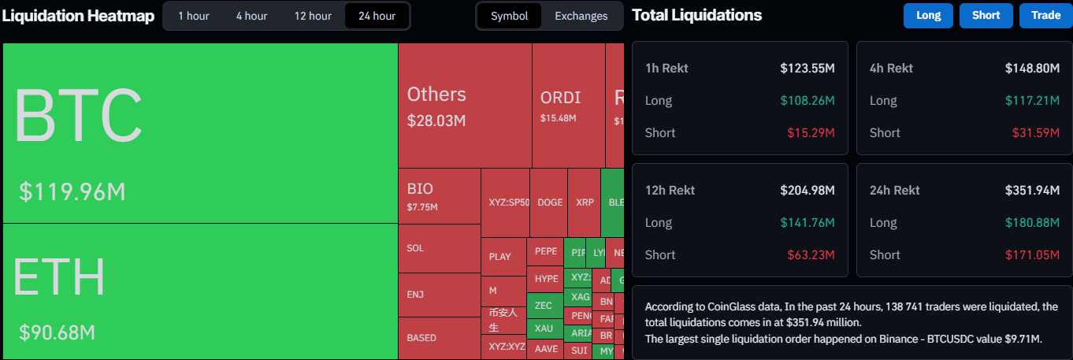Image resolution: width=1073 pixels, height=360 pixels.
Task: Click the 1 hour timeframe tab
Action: pyautogui.click(x=193, y=16)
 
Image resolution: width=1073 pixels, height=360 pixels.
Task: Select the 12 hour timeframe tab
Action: pyautogui.click(x=313, y=16)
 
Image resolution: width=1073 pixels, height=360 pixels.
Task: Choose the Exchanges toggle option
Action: pyautogui.click(x=581, y=16)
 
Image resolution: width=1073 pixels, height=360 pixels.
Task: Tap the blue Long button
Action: pyautogui.click(x=928, y=16)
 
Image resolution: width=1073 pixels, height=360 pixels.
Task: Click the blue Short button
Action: pyautogui.click(x=986, y=16)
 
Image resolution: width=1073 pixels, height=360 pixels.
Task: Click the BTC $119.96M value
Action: pyautogui.click(x=72, y=191)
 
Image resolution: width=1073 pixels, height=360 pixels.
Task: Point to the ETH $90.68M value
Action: pyautogui.click(x=58, y=332)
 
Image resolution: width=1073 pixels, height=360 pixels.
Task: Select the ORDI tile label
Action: pyautogui.click(x=560, y=98)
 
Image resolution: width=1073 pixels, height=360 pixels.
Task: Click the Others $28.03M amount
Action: pyautogui.click(x=436, y=121)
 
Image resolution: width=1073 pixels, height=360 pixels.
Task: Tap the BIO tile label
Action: pyautogui.click(x=420, y=189)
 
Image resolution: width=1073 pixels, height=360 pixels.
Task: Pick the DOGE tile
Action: pyautogui.click(x=550, y=202)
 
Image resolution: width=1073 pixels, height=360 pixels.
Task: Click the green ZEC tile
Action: pyautogui.click(x=544, y=305)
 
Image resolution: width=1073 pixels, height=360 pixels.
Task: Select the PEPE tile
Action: pyautogui.click(x=545, y=251)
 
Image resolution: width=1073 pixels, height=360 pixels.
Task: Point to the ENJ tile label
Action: pyautogui.click(x=415, y=295)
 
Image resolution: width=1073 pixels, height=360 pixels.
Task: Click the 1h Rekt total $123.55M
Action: pyautogui.click(x=808, y=69)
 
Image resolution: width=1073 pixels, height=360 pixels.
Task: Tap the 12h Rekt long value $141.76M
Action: pyautogui.click(x=808, y=223)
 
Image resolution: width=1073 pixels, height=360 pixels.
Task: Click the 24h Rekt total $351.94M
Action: pyautogui.click(x=1032, y=191)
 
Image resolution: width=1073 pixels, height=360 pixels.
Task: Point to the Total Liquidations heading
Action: pyautogui.click(x=696, y=15)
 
